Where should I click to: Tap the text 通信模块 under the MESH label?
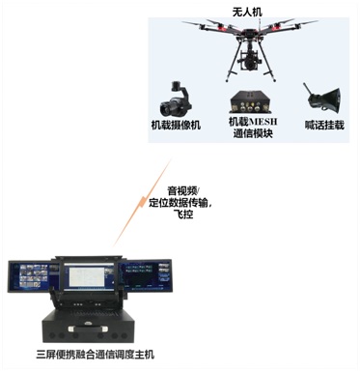(x=252, y=134)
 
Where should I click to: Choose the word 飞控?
(x=182, y=216)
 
